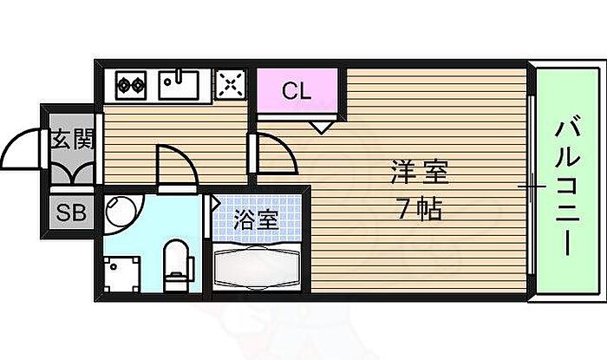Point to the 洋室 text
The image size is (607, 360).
coord(419,173)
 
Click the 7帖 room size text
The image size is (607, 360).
coord(419,209)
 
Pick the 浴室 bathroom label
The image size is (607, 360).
coord(258,219)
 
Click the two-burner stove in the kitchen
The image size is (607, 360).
coord(132,85)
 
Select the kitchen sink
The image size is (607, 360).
coord(179,84)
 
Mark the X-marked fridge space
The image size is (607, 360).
coord(230,84)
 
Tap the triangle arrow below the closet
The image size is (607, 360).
coord(321,127)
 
